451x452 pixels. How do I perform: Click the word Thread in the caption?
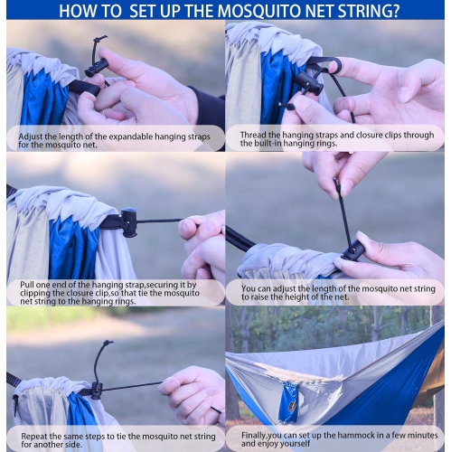[257, 132]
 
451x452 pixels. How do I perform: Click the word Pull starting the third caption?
[29, 283]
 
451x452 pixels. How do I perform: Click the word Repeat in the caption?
[36, 435]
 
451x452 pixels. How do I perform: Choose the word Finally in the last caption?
[258, 435]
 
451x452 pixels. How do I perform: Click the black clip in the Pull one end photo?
[129, 221]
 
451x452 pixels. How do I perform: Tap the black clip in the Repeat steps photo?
[97, 390]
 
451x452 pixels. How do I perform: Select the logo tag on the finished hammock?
[289, 402]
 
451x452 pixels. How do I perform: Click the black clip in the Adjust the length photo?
[97, 66]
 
